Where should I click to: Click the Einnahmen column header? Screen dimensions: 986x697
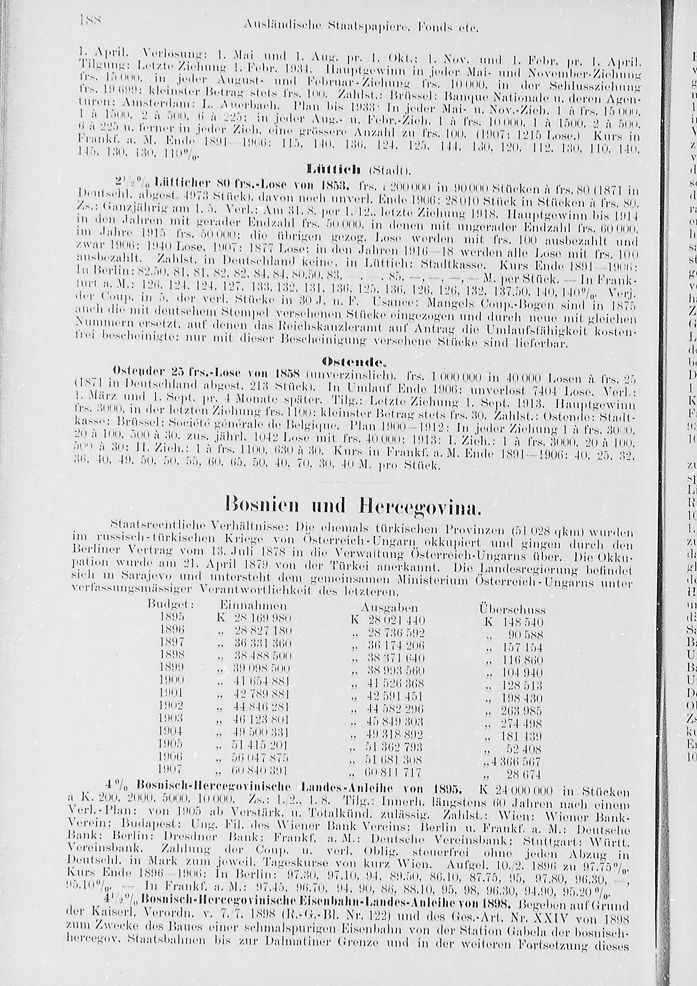point(253,606)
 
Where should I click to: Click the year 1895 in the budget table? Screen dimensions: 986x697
point(172,617)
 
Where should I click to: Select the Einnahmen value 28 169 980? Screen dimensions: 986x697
point(263,619)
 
